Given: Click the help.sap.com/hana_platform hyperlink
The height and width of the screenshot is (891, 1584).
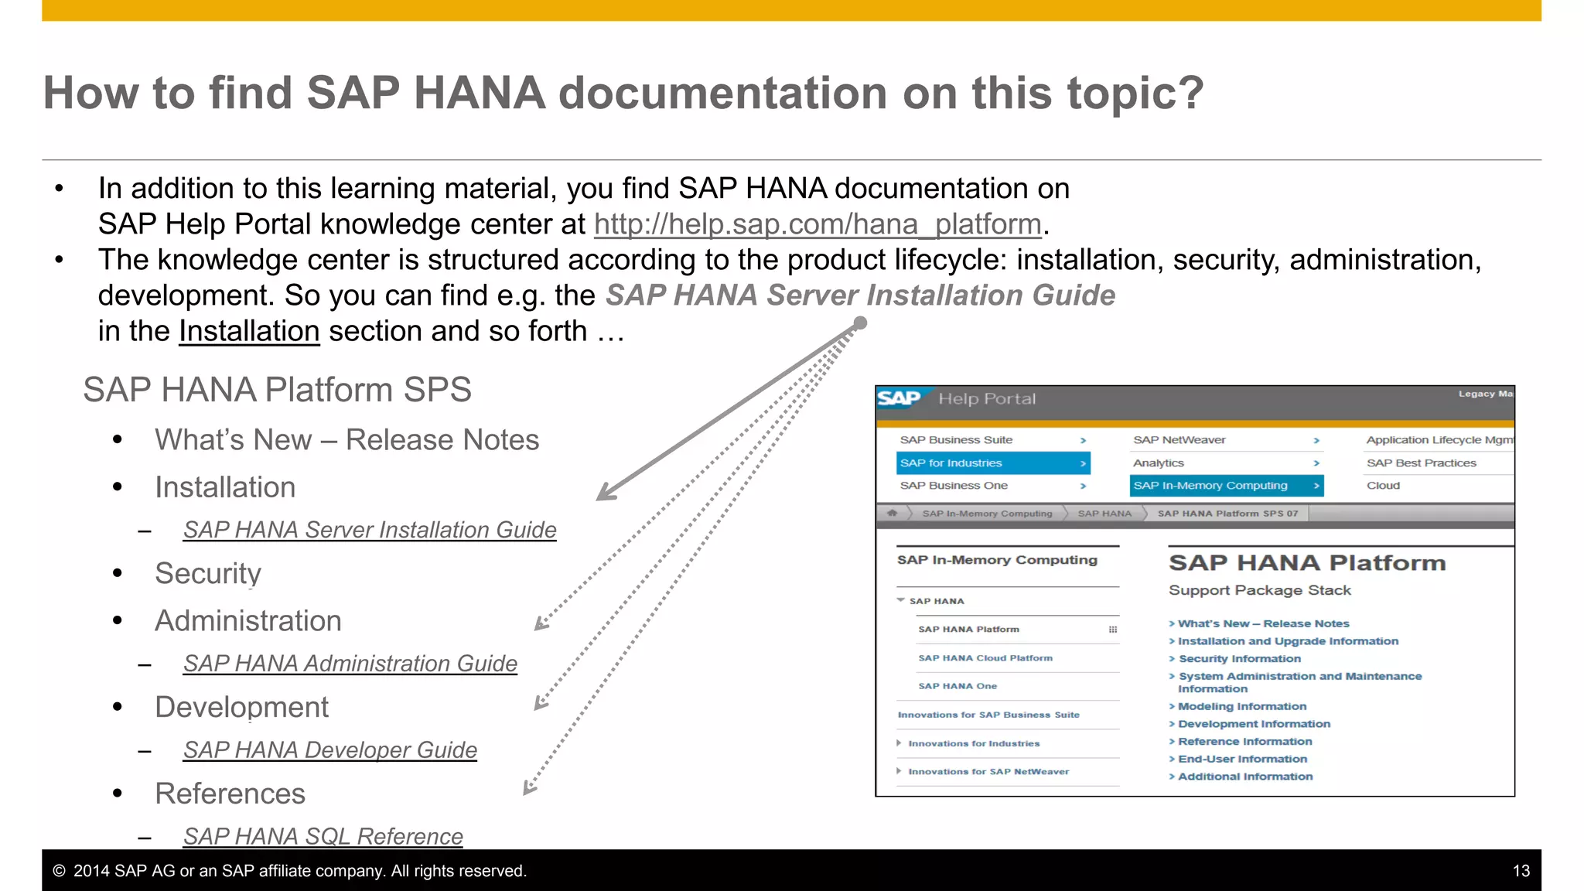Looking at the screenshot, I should (x=818, y=224).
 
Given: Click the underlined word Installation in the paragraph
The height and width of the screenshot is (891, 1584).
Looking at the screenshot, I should (x=249, y=331).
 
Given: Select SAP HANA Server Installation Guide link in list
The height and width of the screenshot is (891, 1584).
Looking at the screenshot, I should (x=370, y=530).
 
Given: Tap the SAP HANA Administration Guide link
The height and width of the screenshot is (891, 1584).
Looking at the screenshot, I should (x=350, y=664).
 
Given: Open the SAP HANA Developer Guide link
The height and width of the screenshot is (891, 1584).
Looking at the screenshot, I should (x=329, y=750).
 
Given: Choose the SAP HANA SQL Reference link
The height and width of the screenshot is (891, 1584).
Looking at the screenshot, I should (x=323, y=836).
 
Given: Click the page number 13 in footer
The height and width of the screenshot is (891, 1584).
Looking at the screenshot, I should (x=1521, y=871).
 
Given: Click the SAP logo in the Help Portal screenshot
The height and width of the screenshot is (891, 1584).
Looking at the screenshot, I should (x=899, y=398).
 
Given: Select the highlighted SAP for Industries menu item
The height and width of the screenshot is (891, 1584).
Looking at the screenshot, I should (x=992, y=463).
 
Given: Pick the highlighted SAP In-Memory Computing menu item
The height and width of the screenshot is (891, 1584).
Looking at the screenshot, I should (x=1225, y=486).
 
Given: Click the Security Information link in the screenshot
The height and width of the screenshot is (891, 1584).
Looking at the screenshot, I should (x=1239, y=659).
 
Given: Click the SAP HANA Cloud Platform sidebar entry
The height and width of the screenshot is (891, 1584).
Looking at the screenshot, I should (x=985, y=658).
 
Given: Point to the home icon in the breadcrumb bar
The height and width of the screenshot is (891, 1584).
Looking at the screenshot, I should (x=893, y=513).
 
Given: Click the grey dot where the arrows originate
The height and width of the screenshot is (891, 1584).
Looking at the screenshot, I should (x=860, y=323).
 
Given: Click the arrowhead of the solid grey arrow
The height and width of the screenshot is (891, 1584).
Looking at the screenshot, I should (x=604, y=494).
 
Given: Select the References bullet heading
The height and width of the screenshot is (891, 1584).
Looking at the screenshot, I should (x=230, y=794).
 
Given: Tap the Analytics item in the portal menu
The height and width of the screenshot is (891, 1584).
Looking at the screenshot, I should (x=1158, y=463).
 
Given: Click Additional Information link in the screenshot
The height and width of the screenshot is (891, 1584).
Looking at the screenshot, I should (x=1244, y=777).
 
